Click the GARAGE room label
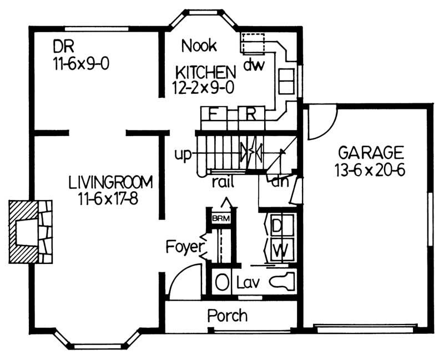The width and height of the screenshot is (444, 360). point(370,152)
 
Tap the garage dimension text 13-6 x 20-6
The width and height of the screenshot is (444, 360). point(370,169)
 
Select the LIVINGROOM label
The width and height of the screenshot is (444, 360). point(111,182)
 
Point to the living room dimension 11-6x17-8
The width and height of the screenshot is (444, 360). point(111,198)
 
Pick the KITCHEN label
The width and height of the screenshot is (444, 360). point(206,72)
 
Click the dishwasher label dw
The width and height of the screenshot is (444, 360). point(254,64)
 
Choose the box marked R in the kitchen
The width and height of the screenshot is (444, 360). point(251,115)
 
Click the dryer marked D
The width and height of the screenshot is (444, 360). point(277,226)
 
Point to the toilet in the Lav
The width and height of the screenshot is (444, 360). point(282,283)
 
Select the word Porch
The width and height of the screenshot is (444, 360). point(227,316)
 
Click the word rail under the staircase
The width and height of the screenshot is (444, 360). point(222,181)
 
